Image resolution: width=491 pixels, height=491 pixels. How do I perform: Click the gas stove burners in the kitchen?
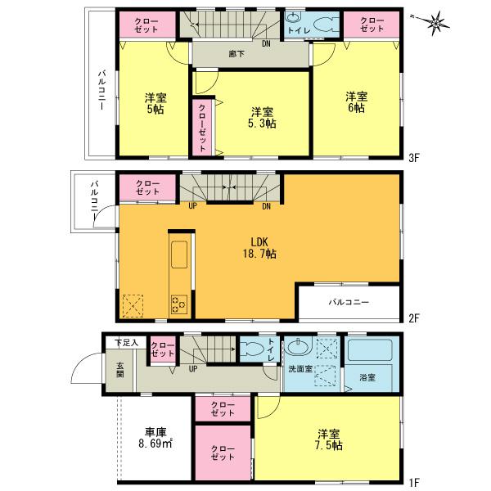coord(179,306)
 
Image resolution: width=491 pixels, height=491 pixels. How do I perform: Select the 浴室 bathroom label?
coord(367,377)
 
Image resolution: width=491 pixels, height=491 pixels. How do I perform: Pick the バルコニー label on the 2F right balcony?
coord(349,302)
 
